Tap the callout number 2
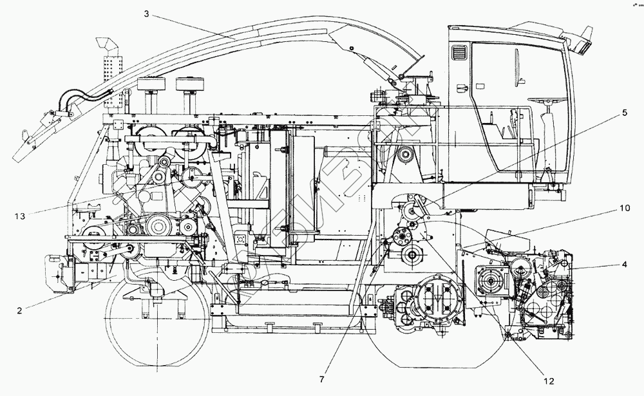20,310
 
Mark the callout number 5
623,111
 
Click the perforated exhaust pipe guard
111,76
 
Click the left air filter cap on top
151,84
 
